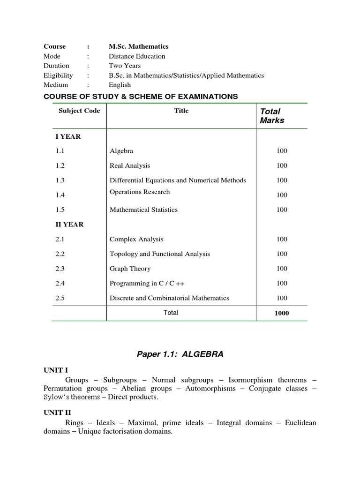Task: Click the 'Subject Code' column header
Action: pyautogui.click(x=79, y=111)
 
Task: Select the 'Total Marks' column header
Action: pyautogui.click(x=272, y=116)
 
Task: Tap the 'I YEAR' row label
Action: pyautogui.click(x=68, y=136)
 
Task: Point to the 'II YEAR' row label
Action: pyautogui.click(x=69, y=225)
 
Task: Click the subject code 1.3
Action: pyautogui.click(x=60, y=180)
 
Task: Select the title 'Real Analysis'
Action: pyautogui.click(x=130, y=165)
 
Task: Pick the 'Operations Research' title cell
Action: pyautogui.click(x=140, y=192)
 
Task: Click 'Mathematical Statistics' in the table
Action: pyautogui.click(x=143, y=210)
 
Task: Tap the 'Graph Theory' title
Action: pyautogui.click(x=130, y=269)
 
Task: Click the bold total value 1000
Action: pyautogui.click(x=281, y=313)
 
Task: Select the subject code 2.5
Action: pyautogui.click(x=60, y=298)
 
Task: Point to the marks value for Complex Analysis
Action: pyautogui.click(x=281, y=240)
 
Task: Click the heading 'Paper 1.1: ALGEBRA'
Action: pyautogui.click(x=180, y=354)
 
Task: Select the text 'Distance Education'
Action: pyautogui.click(x=137, y=56)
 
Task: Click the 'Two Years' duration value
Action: pyautogui.click(x=125, y=66)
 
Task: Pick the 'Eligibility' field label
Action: pyautogui.click(x=58, y=75)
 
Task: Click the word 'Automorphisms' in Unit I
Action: pyautogui.click(x=210, y=389)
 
